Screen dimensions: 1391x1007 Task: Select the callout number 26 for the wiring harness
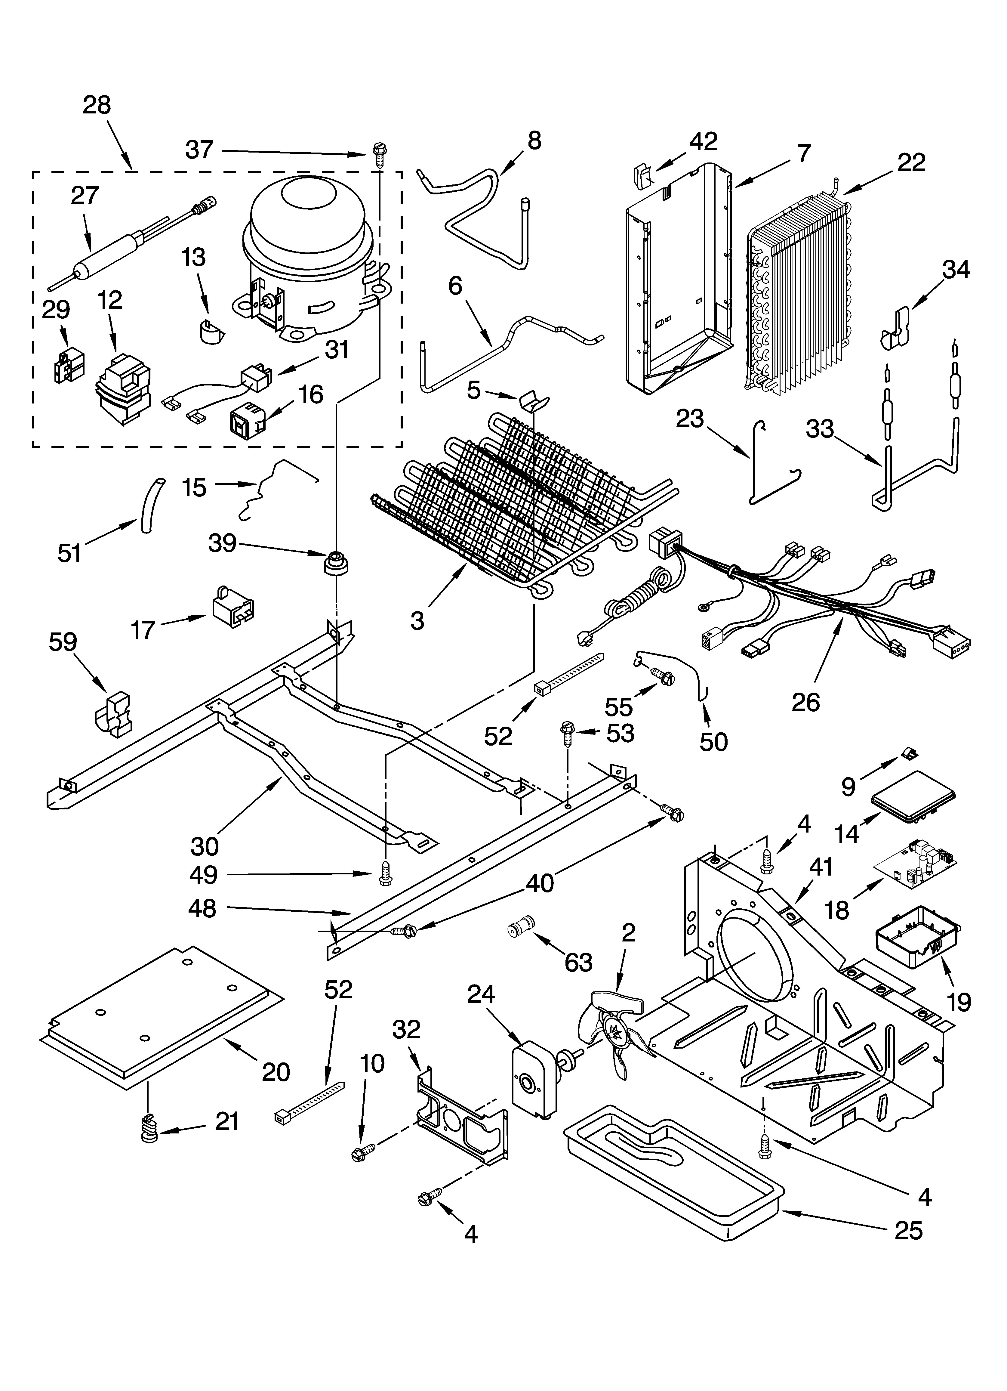(x=805, y=702)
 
